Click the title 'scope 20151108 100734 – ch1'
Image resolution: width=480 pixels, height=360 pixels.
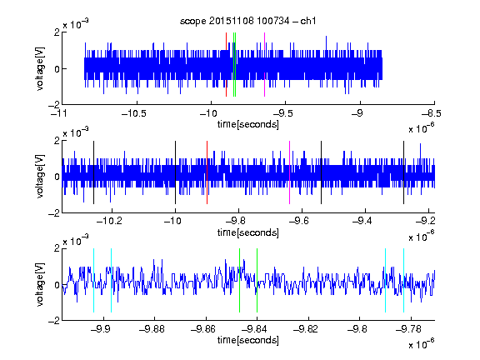pos(247,21)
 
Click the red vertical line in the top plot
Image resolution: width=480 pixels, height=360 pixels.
pos(226,65)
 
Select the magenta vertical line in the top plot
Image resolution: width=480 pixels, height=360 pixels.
pos(264,65)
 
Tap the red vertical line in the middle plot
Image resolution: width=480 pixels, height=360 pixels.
pos(207,172)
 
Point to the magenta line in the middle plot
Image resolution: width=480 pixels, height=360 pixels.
pos(290,172)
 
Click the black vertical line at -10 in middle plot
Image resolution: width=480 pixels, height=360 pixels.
pos(175,172)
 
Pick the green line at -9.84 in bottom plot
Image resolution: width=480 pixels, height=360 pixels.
pos(257,280)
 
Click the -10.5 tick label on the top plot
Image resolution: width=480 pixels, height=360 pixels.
pos(134,113)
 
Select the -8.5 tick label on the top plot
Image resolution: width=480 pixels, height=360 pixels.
pos(431,113)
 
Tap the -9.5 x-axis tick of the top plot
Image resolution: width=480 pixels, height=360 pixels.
pos(282,113)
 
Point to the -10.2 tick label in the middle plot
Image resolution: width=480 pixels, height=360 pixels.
pos(109,221)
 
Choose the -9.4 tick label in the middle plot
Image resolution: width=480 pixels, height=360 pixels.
pos(362,221)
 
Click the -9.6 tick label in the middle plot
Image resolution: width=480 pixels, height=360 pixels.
pos(299,221)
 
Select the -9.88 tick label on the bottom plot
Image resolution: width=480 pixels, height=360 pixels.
pos(152,329)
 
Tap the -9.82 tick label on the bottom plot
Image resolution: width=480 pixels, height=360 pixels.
pos(306,329)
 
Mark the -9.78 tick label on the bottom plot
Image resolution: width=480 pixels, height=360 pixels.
pos(408,329)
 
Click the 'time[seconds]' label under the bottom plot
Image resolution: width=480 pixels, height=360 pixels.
pos(248,340)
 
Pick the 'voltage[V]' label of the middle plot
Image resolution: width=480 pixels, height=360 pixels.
pos(40,177)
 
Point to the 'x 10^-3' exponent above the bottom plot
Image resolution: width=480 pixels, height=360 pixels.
pos(76,241)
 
